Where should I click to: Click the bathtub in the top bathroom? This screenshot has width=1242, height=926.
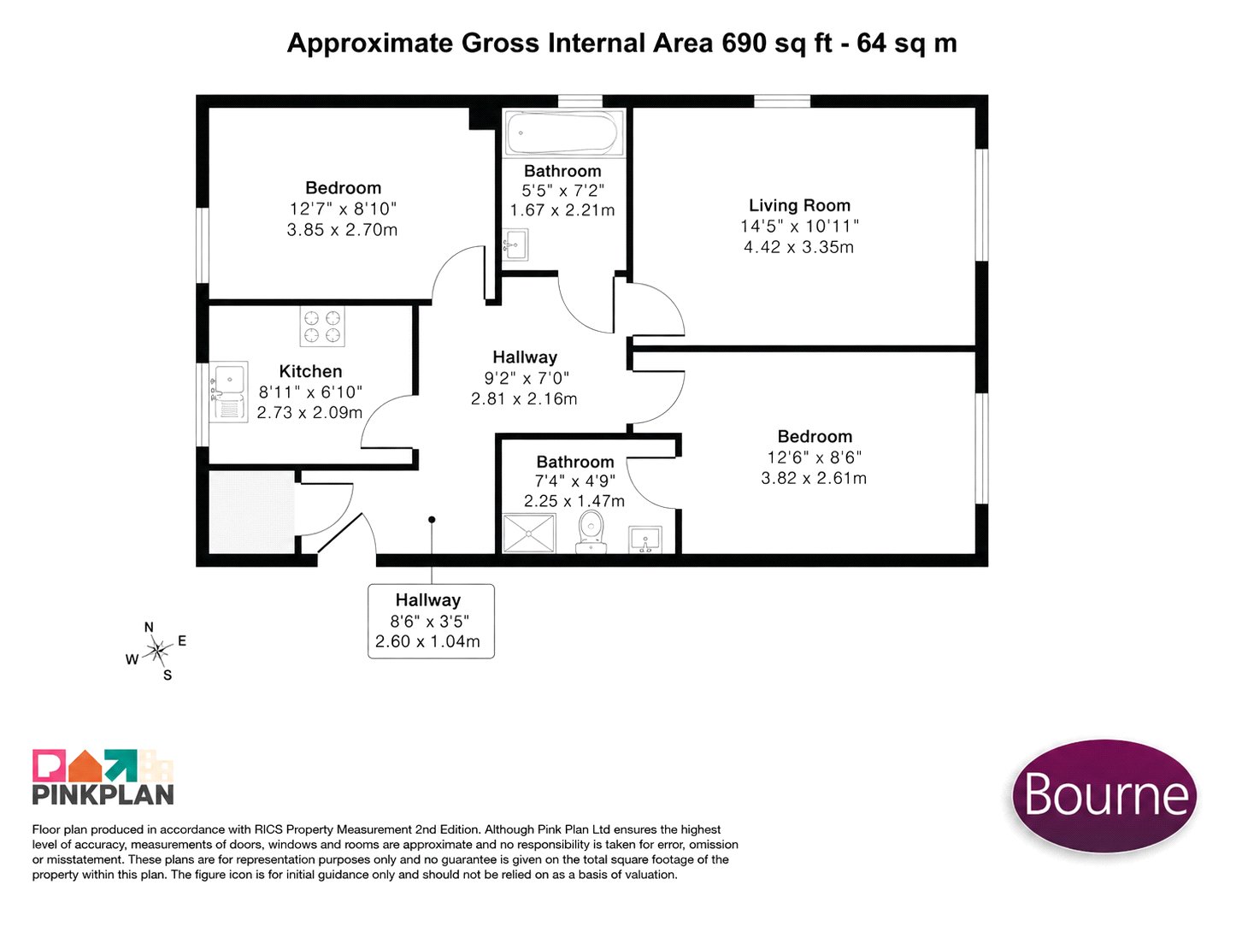562,133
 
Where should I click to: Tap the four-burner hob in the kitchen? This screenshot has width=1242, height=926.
322,327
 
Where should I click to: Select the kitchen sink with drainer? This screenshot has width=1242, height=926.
228,392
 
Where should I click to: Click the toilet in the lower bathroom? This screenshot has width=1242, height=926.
591,532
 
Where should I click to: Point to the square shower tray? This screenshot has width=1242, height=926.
529,533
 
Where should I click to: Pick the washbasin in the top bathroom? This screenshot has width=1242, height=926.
515,245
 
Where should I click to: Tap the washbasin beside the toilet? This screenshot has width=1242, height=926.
645,540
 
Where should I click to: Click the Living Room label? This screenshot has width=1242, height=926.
799,205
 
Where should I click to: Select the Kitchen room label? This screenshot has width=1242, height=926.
310,371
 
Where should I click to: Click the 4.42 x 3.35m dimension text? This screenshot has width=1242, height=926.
798,247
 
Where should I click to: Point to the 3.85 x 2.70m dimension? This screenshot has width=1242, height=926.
342,230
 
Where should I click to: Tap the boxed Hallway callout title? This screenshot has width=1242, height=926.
427,599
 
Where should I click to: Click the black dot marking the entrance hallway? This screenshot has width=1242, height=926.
431,520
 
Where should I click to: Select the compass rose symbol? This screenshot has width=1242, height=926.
158,650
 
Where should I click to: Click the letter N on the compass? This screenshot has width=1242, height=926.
149,627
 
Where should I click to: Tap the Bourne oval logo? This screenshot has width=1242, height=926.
1104,795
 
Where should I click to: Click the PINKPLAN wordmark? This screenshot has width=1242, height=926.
103,793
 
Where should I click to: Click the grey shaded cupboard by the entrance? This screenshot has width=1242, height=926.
251,511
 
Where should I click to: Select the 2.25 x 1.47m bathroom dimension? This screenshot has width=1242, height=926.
574,502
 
